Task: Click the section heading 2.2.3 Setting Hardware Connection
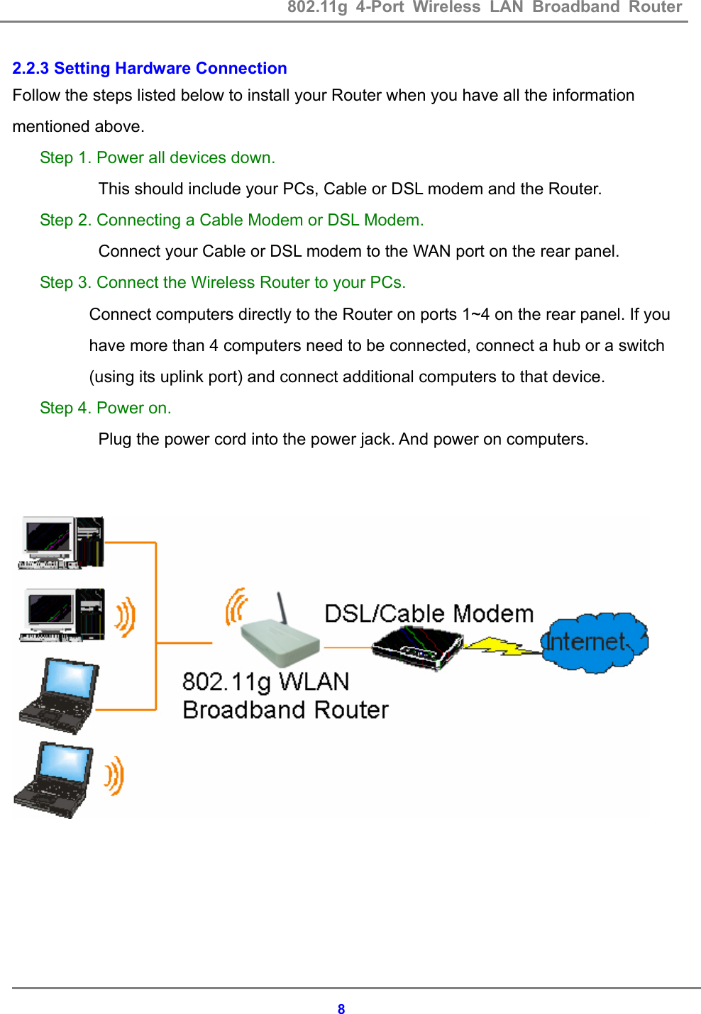pyautogui.click(x=150, y=68)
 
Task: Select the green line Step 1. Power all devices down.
pyautogui.click(x=157, y=157)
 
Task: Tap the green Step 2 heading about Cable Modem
pyautogui.click(x=231, y=220)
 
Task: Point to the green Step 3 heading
pyautogui.click(x=222, y=282)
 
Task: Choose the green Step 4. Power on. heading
pyautogui.click(x=105, y=408)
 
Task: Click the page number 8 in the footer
pyautogui.click(x=341, y=1009)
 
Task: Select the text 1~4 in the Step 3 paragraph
pyautogui.click(x=475, y=314)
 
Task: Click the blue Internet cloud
pyautogui.click(x=594, y=642)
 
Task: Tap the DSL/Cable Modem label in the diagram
pyautogui.click(x=429, y=613)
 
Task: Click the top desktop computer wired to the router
pyautogui.click(x=61, y=543)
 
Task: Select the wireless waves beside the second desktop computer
pyautogui.click(x=125, y=616)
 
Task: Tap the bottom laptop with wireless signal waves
pyautogui.click(x=54, y=779)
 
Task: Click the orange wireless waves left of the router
pyautogui.click(x=236, y=607)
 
